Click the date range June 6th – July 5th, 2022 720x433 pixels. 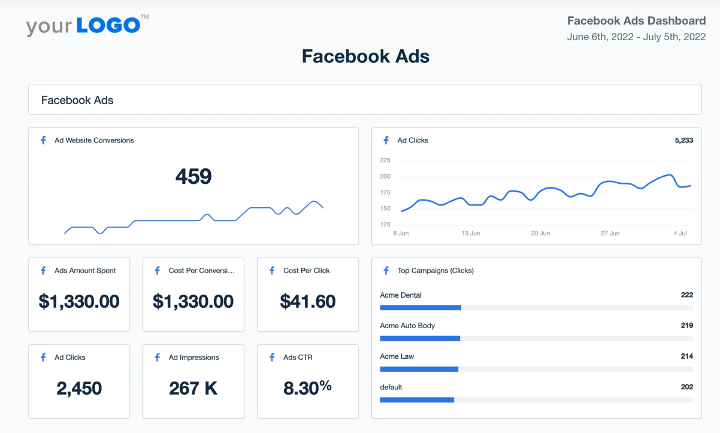pos(636,37)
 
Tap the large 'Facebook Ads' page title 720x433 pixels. pos(365,56)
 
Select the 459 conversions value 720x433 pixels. pos(193,177)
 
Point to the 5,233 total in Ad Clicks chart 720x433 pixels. pos(683,141)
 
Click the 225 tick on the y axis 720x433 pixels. pos(385,161)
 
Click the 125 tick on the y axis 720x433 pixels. pos(385,225)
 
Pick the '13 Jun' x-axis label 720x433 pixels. pos(471,233)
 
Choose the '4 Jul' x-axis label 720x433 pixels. pos(680,233)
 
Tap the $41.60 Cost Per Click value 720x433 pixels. pos(308,301)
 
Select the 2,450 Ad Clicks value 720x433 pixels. pos(79,389)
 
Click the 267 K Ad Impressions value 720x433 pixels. pos(193,389)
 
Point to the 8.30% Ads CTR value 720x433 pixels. pos(307,388)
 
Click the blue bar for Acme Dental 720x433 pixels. pos(420,308)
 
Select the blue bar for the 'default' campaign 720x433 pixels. pos(417,399)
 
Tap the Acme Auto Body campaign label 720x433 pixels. pos(407,326)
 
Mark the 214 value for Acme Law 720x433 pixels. pos(686,356)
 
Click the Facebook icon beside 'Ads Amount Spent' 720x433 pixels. pos(43,271)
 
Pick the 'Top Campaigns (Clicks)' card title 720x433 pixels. pos(435,271)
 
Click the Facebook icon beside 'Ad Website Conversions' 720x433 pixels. pos(43,141)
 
